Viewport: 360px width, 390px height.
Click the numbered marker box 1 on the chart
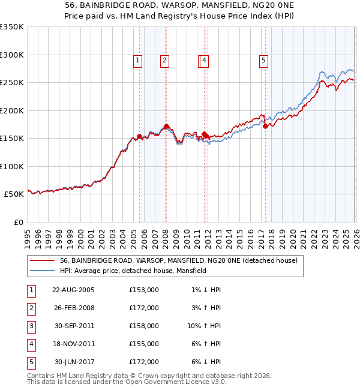138,60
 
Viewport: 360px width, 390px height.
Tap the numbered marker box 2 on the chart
164,60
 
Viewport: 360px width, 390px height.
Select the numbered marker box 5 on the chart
263,60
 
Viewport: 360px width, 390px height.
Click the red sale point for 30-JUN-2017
265,126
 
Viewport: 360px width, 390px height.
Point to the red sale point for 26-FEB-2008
166,126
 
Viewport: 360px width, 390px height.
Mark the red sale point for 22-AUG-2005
140,137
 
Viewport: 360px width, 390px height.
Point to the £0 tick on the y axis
18,222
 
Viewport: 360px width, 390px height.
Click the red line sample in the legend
43,261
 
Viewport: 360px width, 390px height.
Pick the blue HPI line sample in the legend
43,271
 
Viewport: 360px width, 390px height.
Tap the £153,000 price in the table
144,290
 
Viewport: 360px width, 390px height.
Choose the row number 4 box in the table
30,344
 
